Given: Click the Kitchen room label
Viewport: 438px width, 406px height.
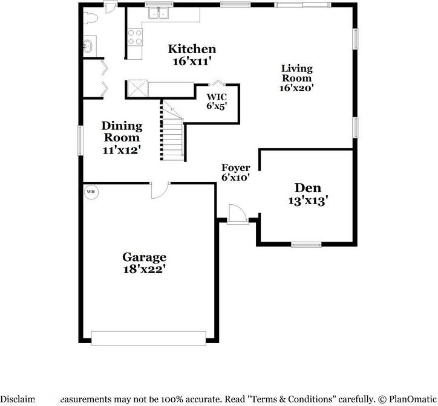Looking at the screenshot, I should pos(192,49).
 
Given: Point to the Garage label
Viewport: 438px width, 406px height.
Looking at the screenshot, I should pos(144,257).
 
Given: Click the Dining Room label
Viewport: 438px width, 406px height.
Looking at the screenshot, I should pos(122,132).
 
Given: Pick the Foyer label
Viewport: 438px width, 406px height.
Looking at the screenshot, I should pos(235,167).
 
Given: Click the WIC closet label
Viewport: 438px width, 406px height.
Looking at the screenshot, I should pos(217,96).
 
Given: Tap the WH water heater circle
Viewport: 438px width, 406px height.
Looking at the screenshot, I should pos(91,192).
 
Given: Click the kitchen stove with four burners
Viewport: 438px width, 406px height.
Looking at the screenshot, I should pos(134,37).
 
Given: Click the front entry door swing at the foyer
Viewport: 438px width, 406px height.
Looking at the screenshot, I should pos(236,214).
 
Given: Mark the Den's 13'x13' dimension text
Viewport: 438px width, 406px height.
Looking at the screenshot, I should pos(308,201).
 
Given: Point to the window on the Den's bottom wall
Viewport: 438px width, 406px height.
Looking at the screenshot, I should pos(306,245).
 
